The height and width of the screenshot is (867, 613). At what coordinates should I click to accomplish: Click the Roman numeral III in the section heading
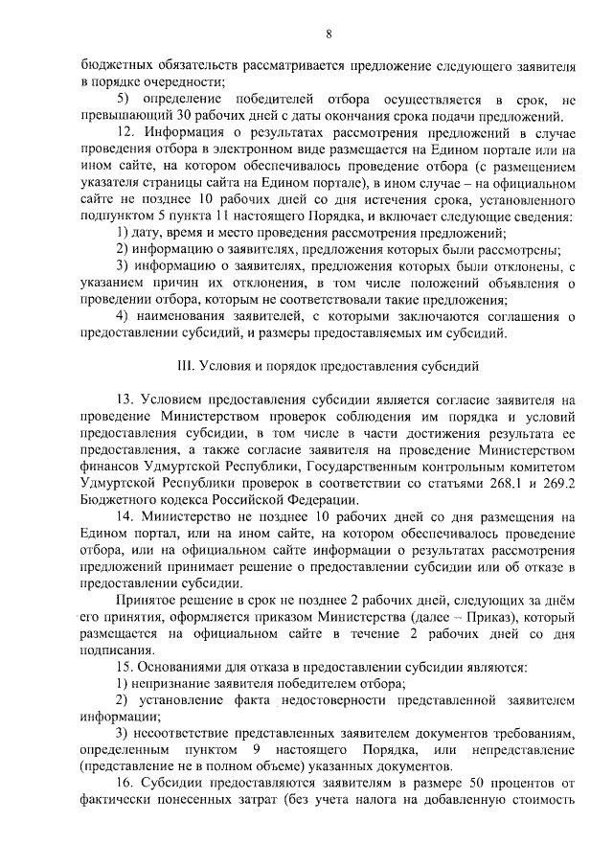186,367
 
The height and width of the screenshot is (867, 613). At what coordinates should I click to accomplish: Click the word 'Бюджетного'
118,499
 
